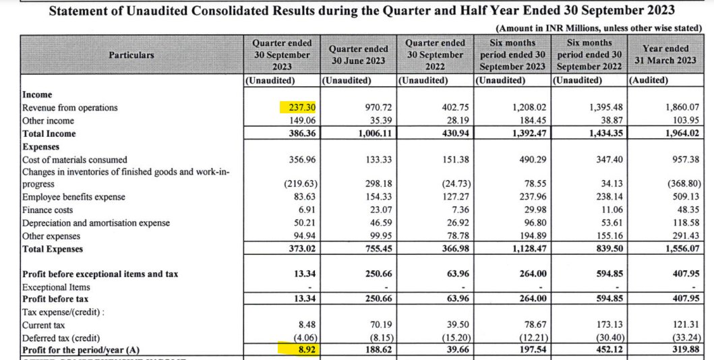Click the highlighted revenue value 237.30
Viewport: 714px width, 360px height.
tap(298, 108)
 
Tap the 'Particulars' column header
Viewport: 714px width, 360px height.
tap(131, 55)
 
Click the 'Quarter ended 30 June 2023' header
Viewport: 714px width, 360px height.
tap(358, 55)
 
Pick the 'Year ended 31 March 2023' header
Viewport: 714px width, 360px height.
tap(665, 55)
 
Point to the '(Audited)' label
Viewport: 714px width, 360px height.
tap(648, 80)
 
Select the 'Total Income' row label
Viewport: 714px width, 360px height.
tap(49, 133)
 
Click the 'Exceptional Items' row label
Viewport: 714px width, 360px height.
tap(56, 287)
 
